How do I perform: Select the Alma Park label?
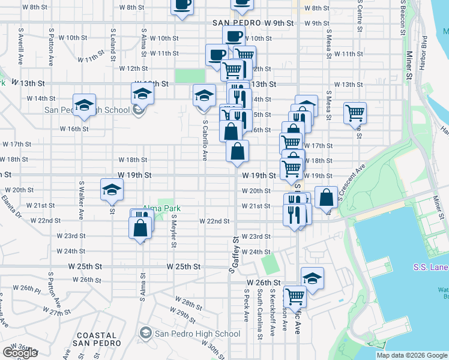(x=161, y=208)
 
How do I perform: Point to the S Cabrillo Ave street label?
(x=205, y=139)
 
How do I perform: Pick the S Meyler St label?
(x=173, y=231)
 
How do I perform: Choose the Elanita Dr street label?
(x=11, y=206)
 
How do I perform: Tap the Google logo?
(x=19, y=353)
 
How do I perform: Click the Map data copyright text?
(x=412, y=355)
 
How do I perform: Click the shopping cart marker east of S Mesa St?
(x=355, y=112)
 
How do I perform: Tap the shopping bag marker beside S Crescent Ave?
(x=326, y=198)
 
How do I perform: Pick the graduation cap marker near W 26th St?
(x=312, y=278)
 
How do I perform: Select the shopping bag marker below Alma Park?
(x=140, y=228)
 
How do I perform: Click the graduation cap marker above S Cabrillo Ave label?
(x=204, y=95)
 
